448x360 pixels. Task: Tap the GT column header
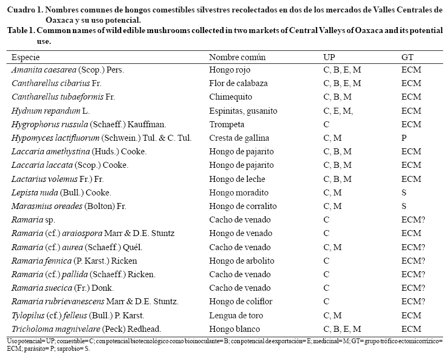407,57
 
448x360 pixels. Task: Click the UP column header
329,57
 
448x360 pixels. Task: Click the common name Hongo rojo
229,70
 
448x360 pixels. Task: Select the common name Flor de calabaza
238,83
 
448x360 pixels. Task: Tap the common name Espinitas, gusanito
243,111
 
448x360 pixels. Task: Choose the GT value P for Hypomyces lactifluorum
404,138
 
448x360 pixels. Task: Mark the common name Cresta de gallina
239,138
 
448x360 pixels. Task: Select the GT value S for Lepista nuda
404,192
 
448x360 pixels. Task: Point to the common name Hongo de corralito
242,206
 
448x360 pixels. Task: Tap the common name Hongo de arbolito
241,260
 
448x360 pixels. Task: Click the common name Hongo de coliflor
241,302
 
